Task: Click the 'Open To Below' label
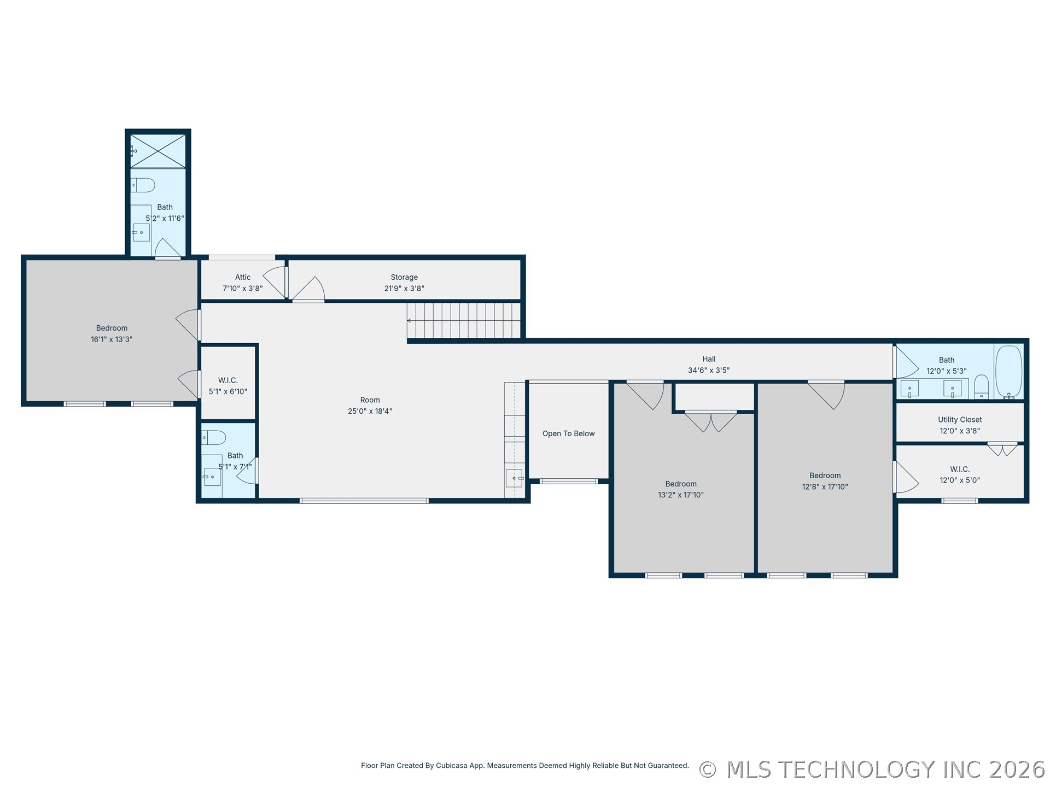click(568, 433)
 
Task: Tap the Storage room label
click(404, 277)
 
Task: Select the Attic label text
click(243, 277)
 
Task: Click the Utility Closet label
click(960, 420)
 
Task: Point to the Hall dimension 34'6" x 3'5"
click(709, 370)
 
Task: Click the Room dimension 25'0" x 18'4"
click(370, 411)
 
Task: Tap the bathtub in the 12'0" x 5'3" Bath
click(1008, 372)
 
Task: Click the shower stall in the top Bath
click(158, 151)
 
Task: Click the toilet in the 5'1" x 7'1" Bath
click(213, 437)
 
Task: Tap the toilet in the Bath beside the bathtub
click(982, 386)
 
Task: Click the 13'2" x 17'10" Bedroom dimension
click(681, 495)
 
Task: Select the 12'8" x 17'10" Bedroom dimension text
click(825, 486)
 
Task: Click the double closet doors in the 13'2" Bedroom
click(711, 422)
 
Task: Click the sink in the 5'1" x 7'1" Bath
click(212, 477)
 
